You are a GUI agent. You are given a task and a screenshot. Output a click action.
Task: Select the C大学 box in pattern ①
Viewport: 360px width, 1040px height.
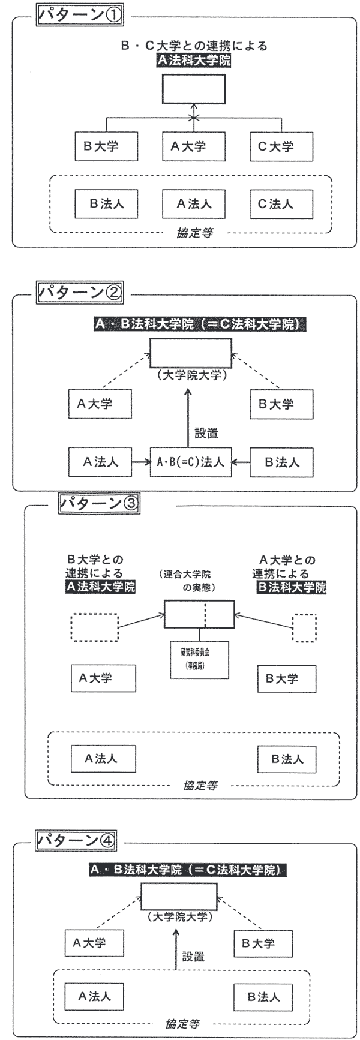pos(281,146)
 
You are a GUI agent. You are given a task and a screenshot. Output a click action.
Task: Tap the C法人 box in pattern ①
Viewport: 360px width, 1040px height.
pos(281,204)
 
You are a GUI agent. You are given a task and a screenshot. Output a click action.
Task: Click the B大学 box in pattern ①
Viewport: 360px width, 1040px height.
pos(106,146)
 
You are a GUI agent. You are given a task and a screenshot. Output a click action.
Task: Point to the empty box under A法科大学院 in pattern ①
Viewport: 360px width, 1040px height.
pos(193,89)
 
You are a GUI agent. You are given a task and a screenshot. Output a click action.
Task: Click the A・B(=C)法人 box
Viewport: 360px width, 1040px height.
pos(190,462)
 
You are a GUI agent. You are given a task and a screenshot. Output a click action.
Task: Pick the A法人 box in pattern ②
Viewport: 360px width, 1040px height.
pos(101,462)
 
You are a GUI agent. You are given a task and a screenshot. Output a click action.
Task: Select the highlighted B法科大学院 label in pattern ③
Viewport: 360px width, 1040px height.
pos(291,587)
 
